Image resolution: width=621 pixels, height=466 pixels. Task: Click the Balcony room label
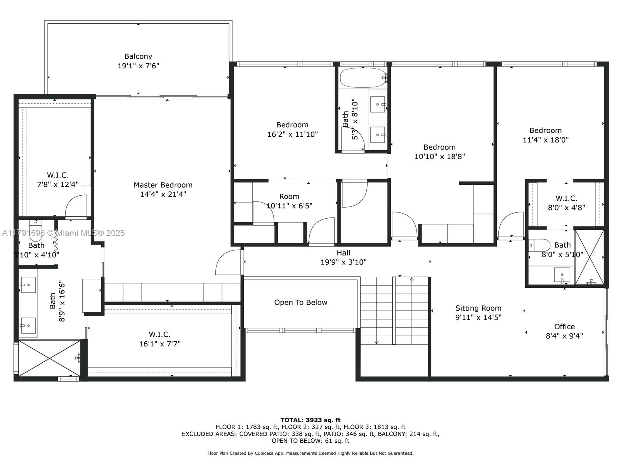point(138,56)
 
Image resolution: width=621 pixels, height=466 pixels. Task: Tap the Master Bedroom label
point(163,185)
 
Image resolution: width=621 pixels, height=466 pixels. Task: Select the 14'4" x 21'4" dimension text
point(163,194)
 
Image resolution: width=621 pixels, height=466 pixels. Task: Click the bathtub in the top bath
point(363,78)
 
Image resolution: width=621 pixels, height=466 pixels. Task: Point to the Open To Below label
point(301,303)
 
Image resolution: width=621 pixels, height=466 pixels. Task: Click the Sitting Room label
point(479,308)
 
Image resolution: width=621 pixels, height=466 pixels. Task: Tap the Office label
point(564,327)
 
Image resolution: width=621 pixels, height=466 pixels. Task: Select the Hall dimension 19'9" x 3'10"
point(343,262)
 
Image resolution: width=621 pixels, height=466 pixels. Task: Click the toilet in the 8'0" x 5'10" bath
point(539,245)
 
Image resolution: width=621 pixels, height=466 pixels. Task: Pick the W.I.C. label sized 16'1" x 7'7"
point(160,334)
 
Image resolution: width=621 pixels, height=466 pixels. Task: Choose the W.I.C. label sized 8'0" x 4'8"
point(566,198)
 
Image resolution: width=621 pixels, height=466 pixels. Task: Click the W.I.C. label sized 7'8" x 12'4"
point(58,175)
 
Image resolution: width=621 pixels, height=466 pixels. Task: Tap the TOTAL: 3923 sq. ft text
point(310,420)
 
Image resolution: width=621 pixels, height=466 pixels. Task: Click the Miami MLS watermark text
point(63,233)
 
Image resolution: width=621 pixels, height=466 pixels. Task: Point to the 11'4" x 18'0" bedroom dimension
point(545,140)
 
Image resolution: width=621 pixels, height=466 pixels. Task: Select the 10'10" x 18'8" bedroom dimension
point(440,156)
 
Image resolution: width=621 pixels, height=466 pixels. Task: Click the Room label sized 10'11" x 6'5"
point(289,196)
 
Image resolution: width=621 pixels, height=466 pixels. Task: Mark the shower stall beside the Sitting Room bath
point(590,257)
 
